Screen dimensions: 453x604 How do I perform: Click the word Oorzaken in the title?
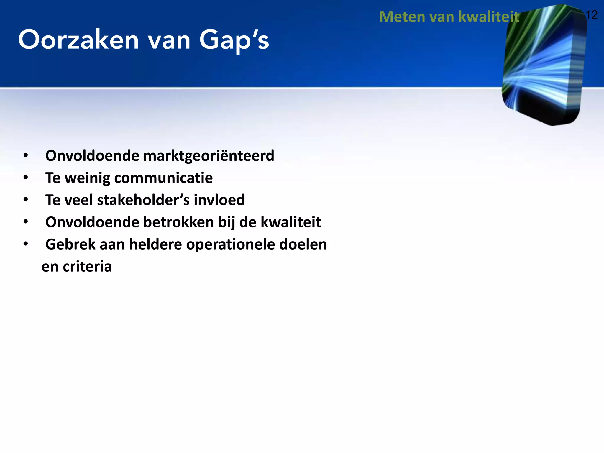[78, 40]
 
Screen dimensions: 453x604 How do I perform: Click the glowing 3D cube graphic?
[544, 65]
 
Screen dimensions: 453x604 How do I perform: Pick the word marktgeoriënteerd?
[209, 156]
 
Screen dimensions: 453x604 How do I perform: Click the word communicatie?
[163, 178]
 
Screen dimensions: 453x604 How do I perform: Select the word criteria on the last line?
[87, 267]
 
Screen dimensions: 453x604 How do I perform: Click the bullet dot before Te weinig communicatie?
[26, 177]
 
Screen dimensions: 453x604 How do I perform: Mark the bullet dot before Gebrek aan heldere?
[26, 244]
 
